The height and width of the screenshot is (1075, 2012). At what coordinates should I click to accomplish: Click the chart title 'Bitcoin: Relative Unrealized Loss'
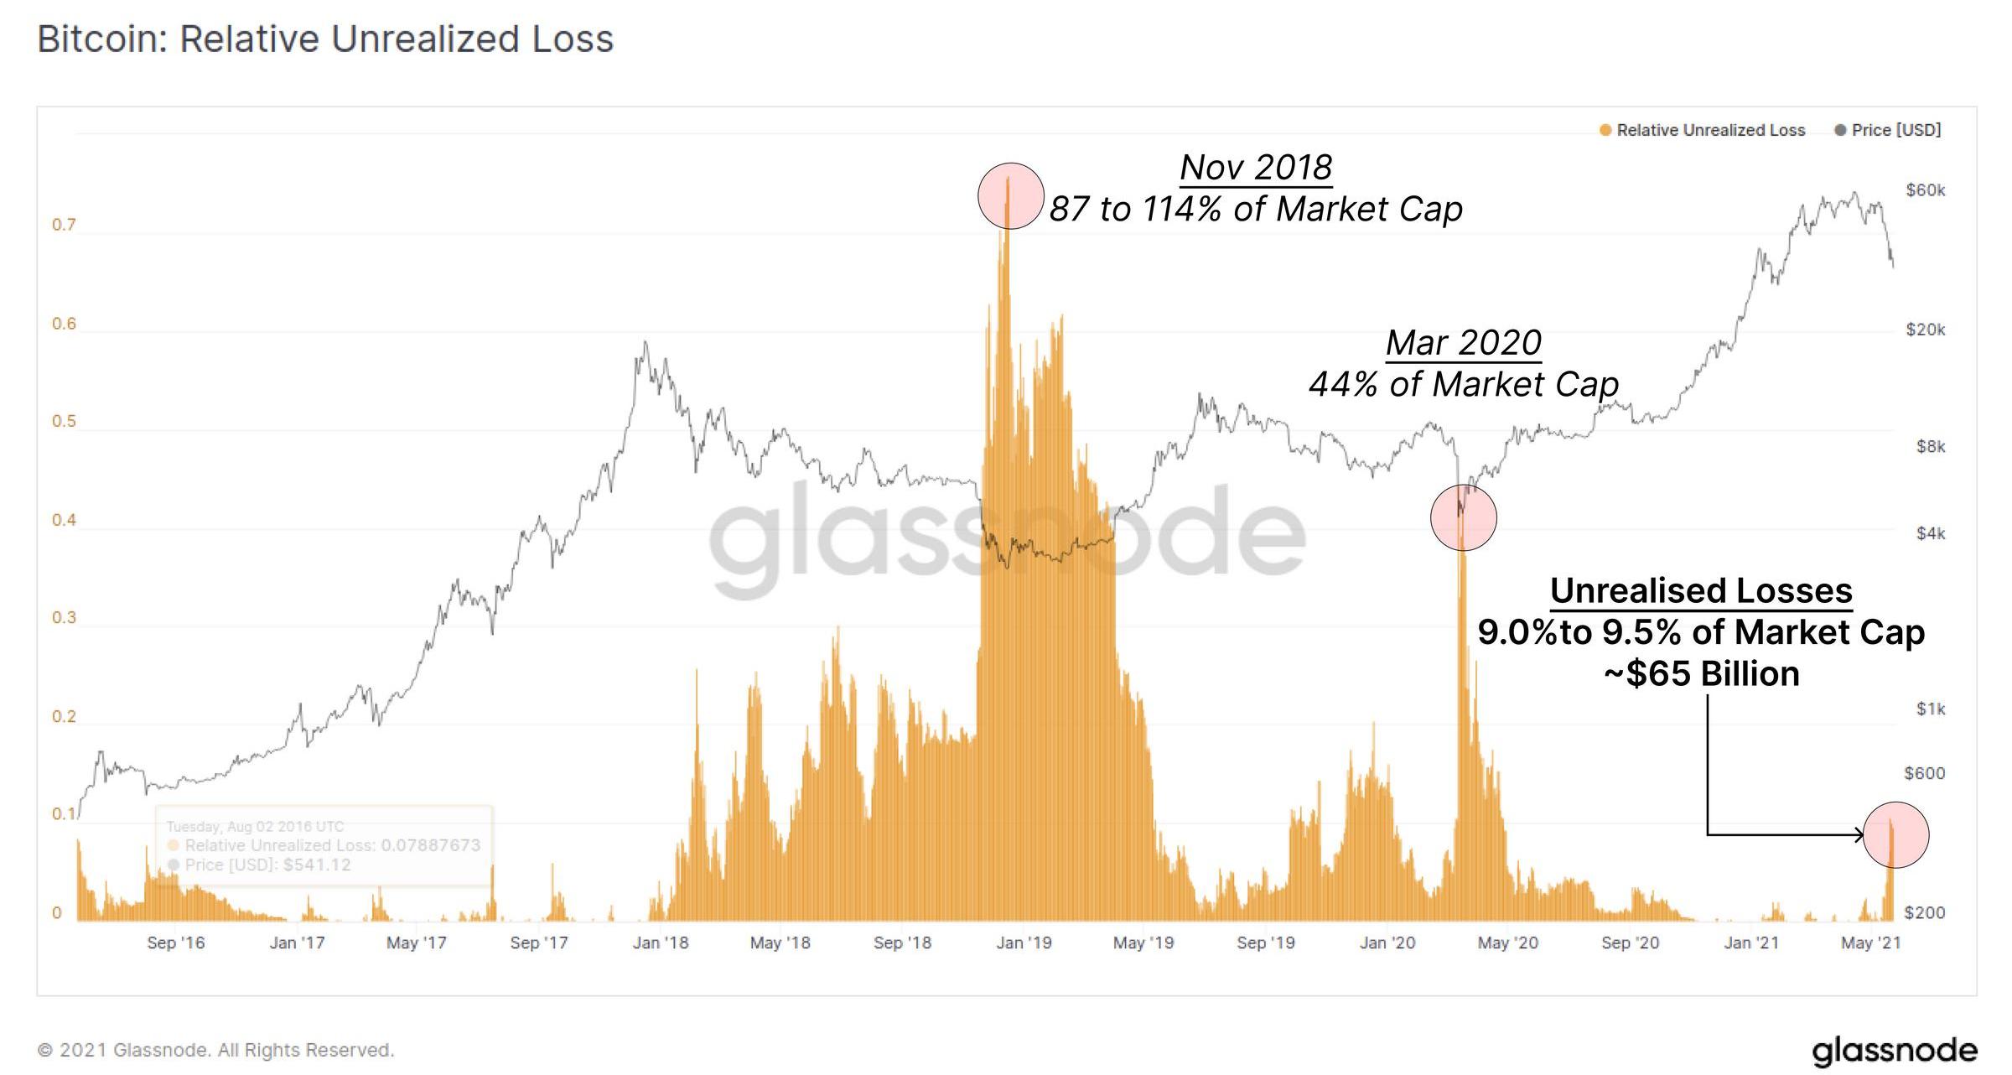click(325, 39)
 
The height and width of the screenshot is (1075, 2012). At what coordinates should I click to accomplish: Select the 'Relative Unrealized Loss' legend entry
click(1710, 130)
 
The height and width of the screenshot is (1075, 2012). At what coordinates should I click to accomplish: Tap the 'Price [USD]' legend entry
click(1895, 130)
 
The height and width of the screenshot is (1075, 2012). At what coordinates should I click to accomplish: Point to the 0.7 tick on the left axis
click(64, 225)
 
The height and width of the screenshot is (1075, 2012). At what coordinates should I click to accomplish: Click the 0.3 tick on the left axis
click(64, 618)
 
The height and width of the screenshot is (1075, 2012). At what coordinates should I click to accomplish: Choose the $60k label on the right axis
click(1925, 190)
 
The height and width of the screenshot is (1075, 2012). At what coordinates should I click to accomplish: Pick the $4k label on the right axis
click(1930, 533)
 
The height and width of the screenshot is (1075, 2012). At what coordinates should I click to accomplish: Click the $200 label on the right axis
click(1925, 912)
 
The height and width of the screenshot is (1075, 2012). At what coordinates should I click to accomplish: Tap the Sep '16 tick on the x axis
click(176, 943)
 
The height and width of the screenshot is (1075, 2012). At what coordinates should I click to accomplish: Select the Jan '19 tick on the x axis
click(1024, 943)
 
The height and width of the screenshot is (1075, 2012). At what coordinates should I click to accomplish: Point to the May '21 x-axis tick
click(1870, 943)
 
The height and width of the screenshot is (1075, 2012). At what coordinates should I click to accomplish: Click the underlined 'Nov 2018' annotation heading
click(1256, 168)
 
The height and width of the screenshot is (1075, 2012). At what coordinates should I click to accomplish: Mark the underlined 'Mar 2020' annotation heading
click(1463, 343)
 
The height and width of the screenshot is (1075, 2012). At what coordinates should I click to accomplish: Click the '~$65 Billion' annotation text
click(1701, 674)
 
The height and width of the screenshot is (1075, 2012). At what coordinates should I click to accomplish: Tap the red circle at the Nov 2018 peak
click(1011, 196)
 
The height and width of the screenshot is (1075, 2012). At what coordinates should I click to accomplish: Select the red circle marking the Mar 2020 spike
click(1463, 517)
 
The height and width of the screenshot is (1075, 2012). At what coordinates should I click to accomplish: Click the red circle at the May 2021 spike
click(1895, 834)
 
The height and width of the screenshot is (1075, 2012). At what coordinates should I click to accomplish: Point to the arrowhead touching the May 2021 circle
click(1859, 834)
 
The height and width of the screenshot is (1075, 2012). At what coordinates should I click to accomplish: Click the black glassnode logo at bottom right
click(1894, 1051)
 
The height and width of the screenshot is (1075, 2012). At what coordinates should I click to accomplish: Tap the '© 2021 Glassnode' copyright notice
click(215, 1051)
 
